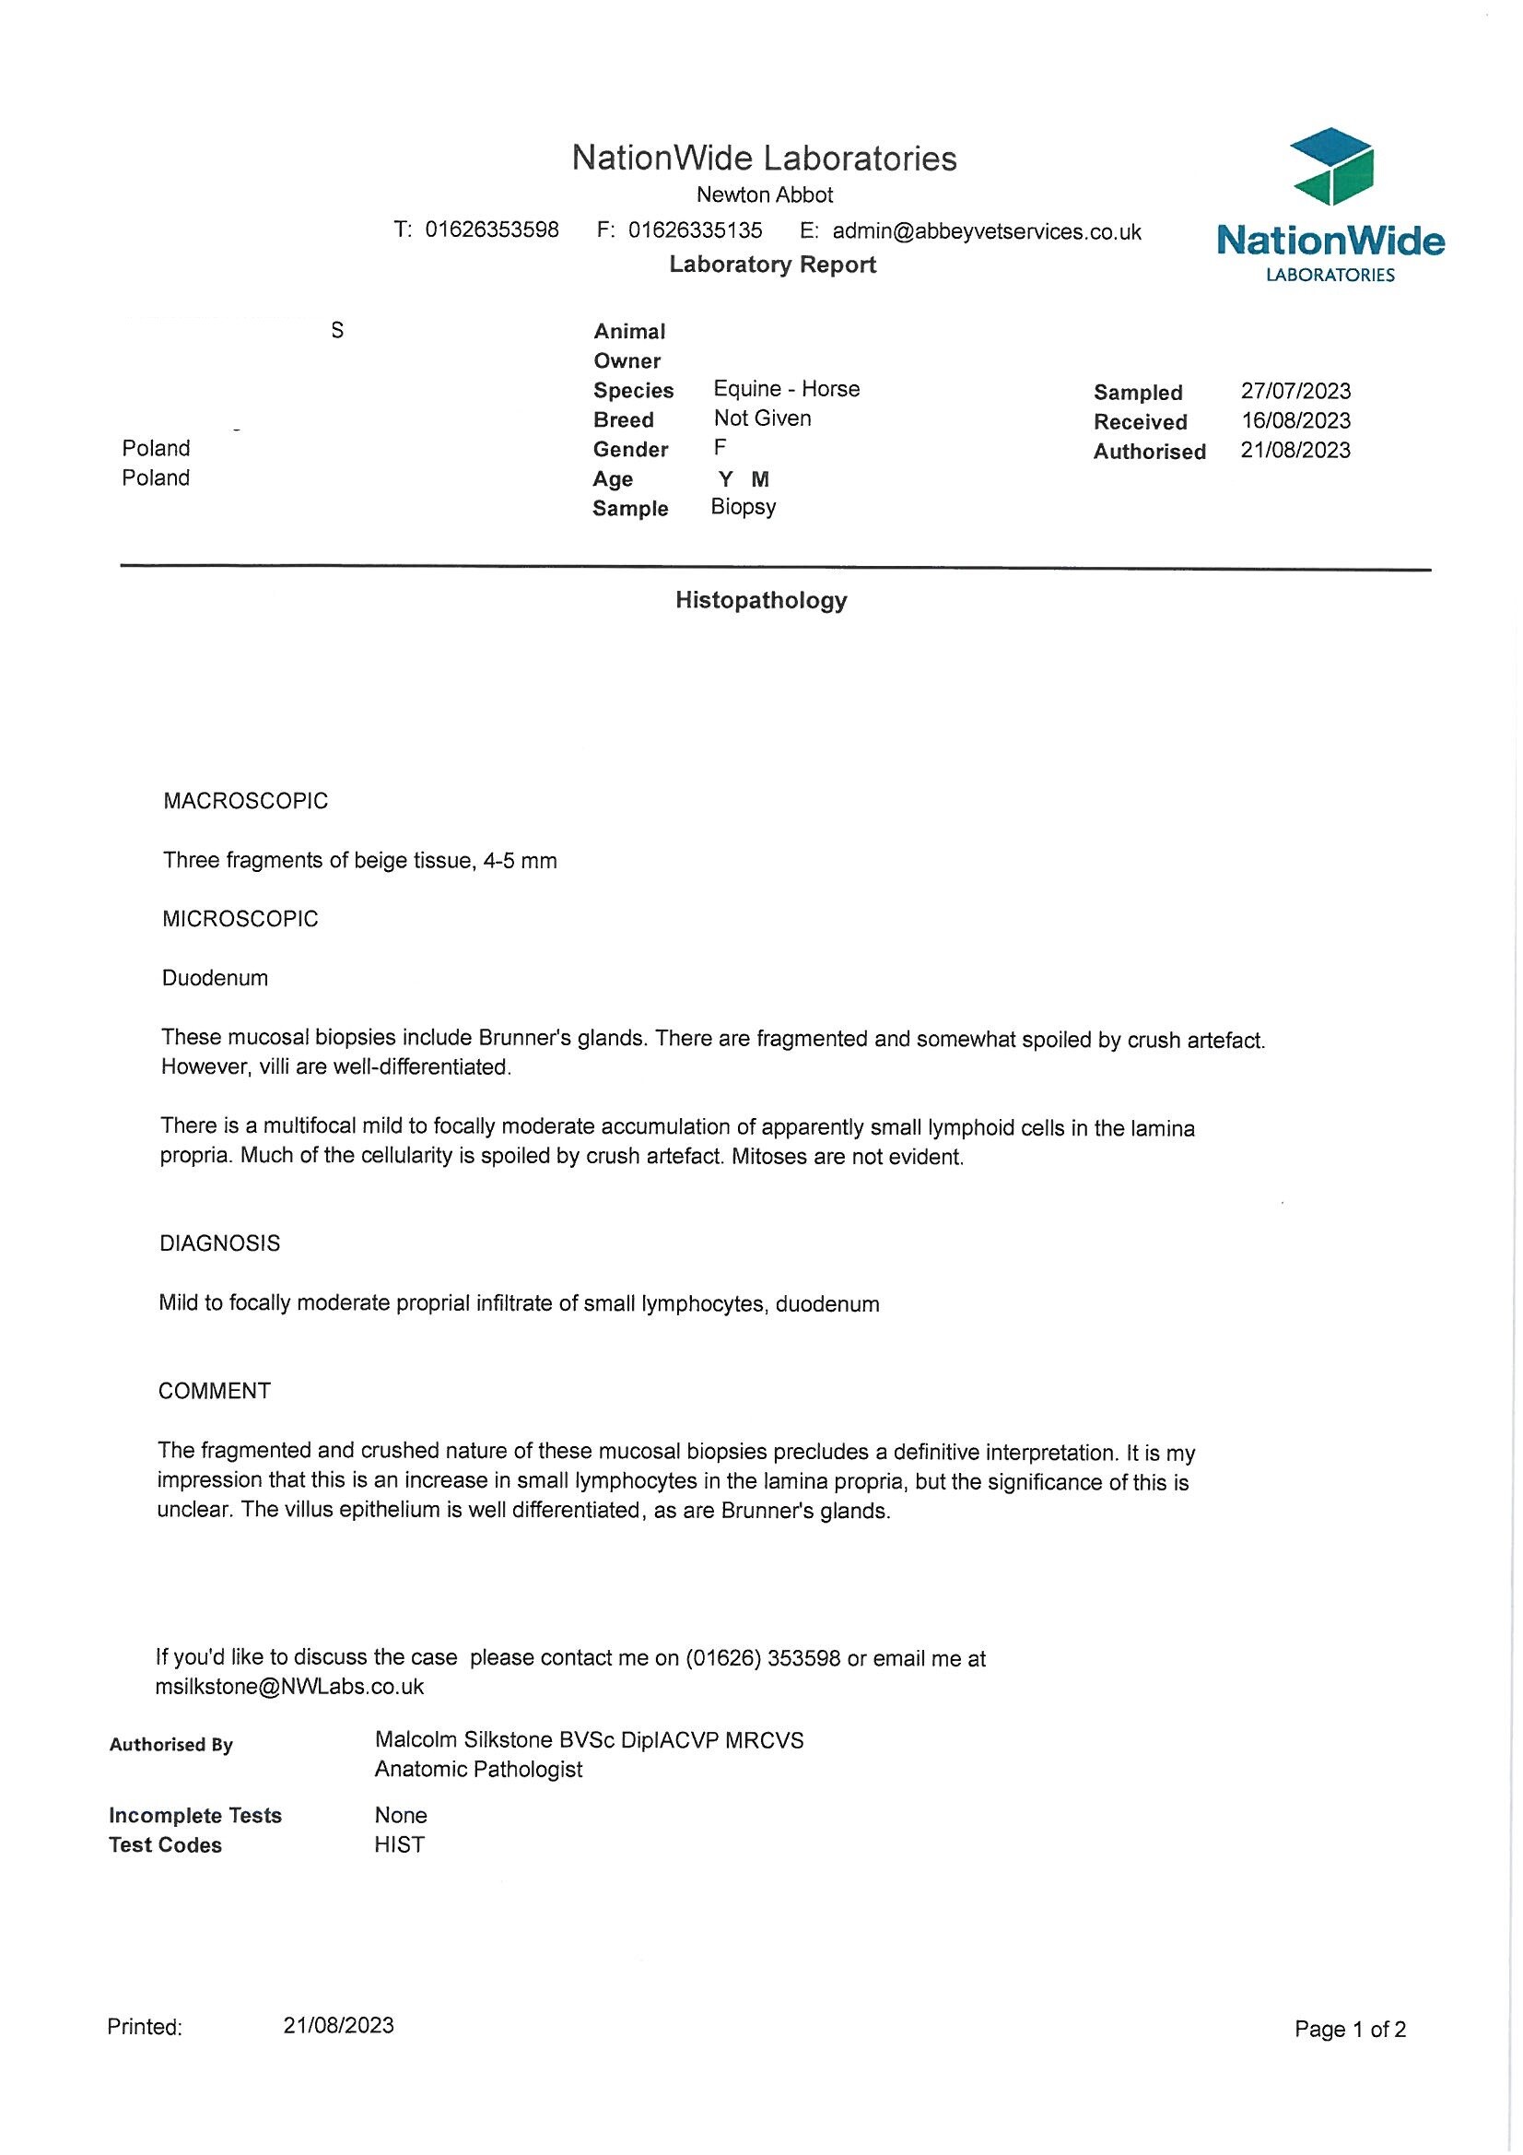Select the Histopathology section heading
[761, 601]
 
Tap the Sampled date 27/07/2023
[1295, 391]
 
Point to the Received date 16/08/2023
[1295, 420]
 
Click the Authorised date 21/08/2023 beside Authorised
[1295, 451]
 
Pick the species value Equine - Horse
[786, 389]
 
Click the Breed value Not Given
[762, 418]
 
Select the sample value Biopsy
[744, 507]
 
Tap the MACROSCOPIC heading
[246, 801]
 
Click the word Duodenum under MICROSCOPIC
[215, 978]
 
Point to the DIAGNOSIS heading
[219, 1243]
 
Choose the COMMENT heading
[214, 1391]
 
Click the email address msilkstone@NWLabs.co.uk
[289, 1687]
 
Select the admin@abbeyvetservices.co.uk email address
[986, 232]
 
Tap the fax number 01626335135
[695, 230]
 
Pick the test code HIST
[399, 1844]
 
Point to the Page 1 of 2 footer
[1350, 2030]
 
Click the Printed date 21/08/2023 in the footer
[338, 2025]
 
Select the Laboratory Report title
[772, 265]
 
